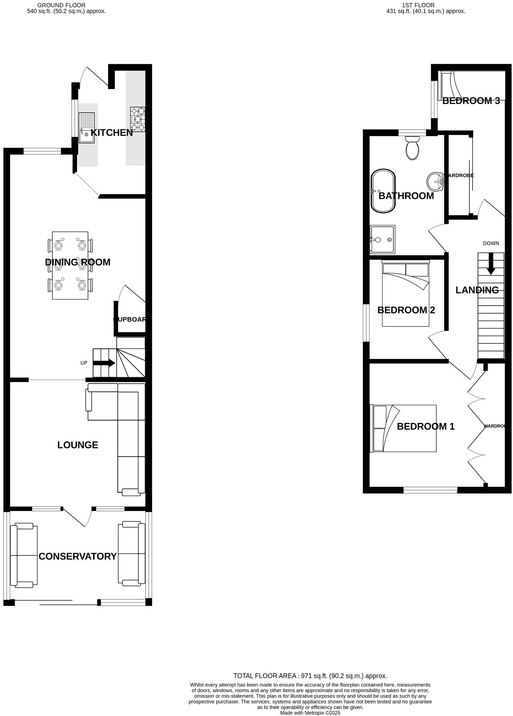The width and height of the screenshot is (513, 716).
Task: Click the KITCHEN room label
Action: click(112, 133)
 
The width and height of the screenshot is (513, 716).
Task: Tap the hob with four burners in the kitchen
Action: click(138, 119)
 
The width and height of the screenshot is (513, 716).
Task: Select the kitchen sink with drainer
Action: click(87, 127)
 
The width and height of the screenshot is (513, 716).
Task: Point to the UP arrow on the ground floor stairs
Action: click(104, 363)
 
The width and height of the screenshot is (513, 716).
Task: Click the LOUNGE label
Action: click(78, 445)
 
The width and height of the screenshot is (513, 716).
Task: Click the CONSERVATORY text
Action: click(78, 556)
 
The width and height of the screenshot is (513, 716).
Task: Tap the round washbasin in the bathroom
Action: click(435, 181)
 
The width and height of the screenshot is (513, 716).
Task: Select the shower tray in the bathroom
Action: click(383, 239)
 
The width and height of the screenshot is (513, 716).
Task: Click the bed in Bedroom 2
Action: click(406, 294)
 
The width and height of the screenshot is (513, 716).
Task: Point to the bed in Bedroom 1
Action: click(403, 428)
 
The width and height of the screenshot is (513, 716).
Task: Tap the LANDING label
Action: click(477, 290)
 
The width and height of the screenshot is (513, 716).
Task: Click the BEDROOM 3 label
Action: click(471, 101)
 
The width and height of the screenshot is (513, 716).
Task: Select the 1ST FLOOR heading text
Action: click(418, 5)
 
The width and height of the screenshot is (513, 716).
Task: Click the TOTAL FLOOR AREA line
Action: click(310, 676)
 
